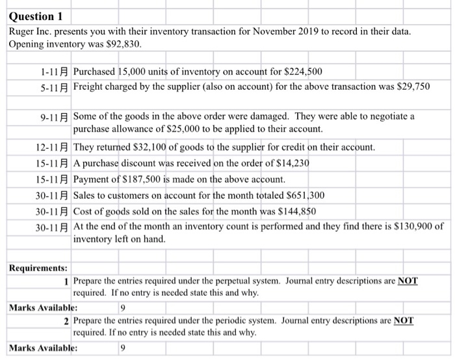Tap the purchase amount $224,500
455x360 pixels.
(301, 71)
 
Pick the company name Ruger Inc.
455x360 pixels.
(32, 31)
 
